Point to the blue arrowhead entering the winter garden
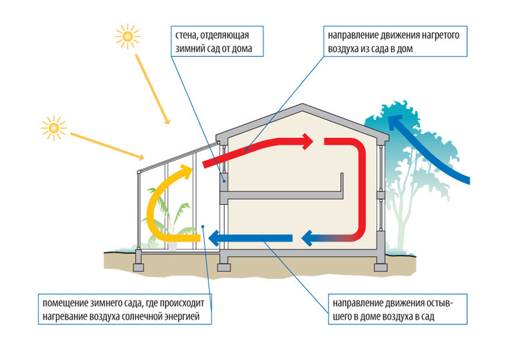(212, 237)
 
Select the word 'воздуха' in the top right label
(345, 50)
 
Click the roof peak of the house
(304, 107)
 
